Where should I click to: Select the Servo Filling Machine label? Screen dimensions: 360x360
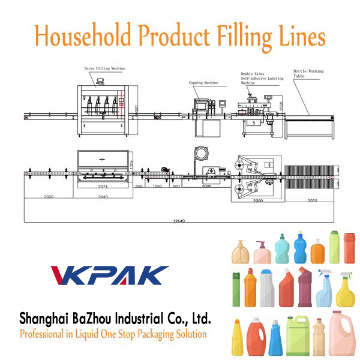point(104,68)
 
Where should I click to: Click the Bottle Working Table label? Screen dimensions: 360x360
point(308,74)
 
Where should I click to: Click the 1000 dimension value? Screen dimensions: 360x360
point(157,187)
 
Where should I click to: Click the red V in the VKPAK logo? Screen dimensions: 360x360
point(64,275)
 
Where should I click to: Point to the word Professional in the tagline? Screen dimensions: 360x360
point(46,334)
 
